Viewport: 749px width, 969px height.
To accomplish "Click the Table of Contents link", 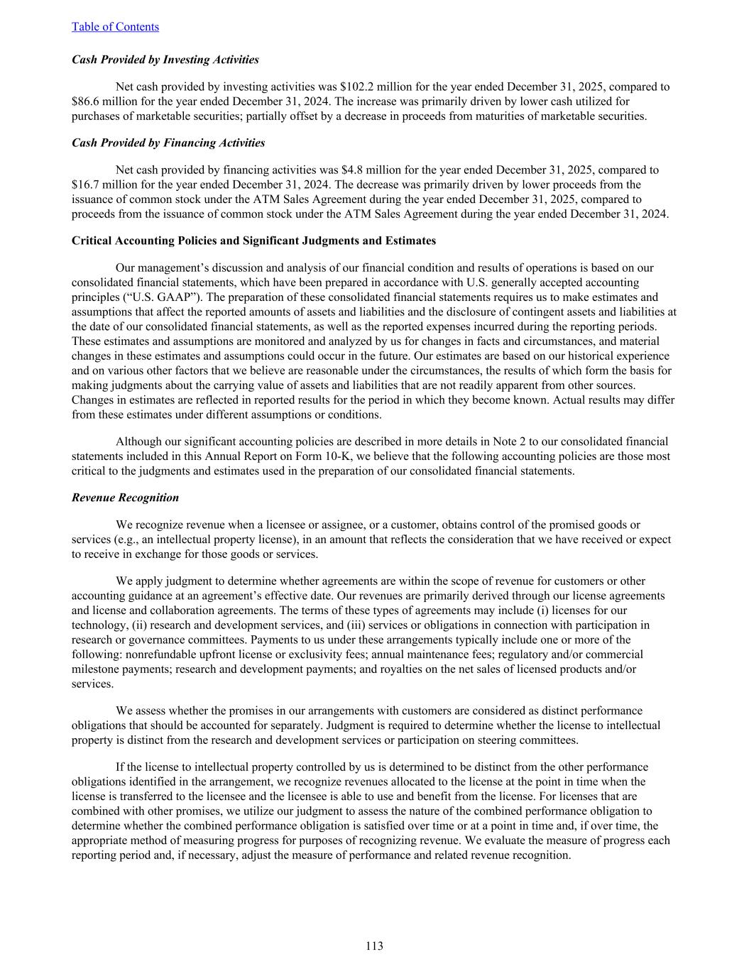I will [115, 27].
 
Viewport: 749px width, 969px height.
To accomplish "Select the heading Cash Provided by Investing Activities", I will [165, 60].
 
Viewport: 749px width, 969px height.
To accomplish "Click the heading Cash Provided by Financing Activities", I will [168, 143].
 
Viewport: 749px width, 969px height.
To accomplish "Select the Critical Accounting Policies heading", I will [253, 241].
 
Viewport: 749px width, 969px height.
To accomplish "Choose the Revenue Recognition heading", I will [125, 498].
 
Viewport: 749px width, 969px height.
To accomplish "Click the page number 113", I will [374, 946].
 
